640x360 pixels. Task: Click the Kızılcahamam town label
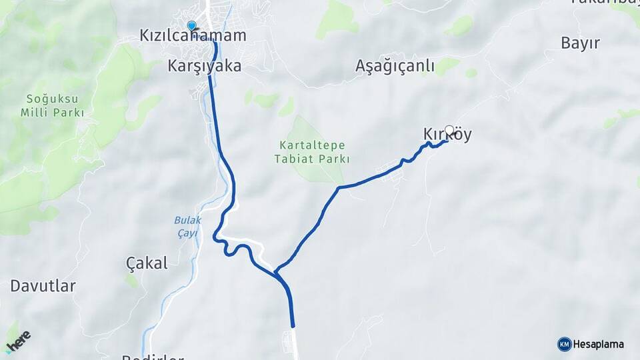(x=193, y=35)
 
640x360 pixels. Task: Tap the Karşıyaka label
(x=205, y=67)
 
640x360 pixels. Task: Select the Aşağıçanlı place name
(x=395, y=66)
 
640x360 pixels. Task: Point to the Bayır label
(x=580, y=43)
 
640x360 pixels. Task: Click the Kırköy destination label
(x=447, y=135)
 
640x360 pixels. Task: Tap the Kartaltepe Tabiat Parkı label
(x=311, y=151)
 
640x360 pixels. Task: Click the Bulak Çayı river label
(x=187, y=227)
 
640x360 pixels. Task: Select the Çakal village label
(x=147, y=263)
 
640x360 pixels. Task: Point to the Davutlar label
(x=43, y=286)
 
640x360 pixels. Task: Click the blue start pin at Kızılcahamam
(x=192, y=25)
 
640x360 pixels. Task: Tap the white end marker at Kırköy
(x=449, y=130)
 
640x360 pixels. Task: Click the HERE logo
(x=18, y=341)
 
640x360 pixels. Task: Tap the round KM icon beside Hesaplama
(x=564, y=344)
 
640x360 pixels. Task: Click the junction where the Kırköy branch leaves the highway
(x=276, y=272)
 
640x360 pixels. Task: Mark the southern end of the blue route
(x=293, y=327)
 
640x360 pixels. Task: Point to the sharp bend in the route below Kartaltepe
(x=339, y=188)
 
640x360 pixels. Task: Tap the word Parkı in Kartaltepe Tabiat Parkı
(x=334, y=159)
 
